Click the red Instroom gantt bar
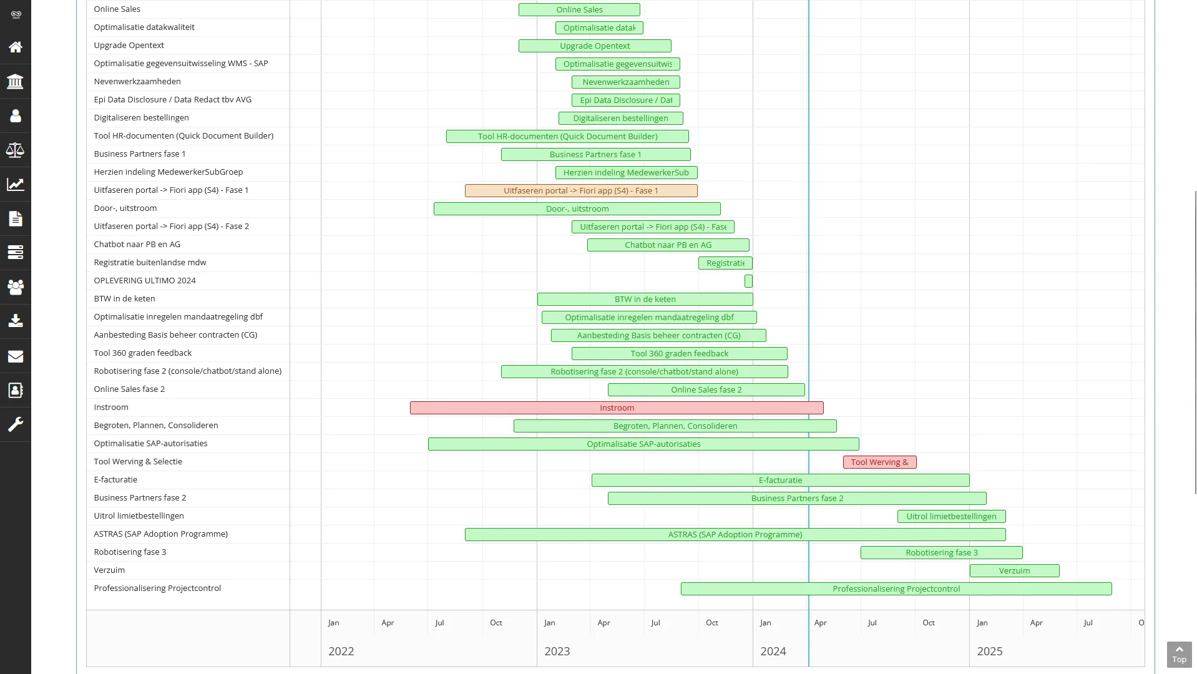coord(617,408)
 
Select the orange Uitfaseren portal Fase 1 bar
coord(580,191)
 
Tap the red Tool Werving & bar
coord(879,462)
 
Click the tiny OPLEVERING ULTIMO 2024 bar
coord(748,281)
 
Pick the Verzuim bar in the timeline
coord(1014,571)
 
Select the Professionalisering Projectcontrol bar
coord(896,589)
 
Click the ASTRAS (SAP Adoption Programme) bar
coord(735,535)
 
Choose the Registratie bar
coord(725,263)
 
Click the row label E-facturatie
coord(115,480)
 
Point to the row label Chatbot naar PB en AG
coord(137,245)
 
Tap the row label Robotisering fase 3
coord(130,552)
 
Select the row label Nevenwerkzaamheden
coord(137,82)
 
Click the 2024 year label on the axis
coord(773,652)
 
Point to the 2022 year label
coord(341,652)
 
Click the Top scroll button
coord(1179,655)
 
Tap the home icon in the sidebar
coord(16,47)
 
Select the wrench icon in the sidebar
coord(16,425)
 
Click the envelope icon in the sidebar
coord(16,356)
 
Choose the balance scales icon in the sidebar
coord(16,150)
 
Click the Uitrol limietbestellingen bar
coord(950,517)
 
